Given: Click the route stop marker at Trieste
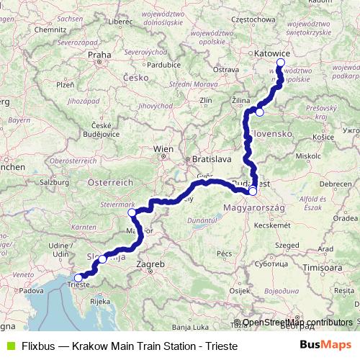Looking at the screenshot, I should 78,276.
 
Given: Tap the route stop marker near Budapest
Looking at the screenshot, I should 253,192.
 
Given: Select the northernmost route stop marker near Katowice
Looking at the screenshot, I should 281,63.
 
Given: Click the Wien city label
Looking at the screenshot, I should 163,149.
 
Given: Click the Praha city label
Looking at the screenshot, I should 97,54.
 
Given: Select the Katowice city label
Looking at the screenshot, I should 273,53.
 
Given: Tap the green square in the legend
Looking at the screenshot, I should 10,346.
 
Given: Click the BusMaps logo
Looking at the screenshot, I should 327,346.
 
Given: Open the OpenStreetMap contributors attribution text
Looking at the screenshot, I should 297,323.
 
